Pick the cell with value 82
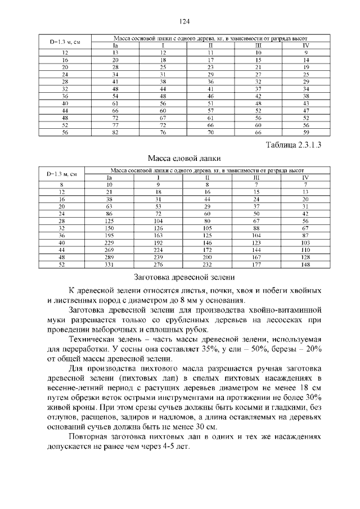115,133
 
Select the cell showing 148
305,265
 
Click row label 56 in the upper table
65,133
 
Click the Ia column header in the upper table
115,44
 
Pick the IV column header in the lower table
305,177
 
